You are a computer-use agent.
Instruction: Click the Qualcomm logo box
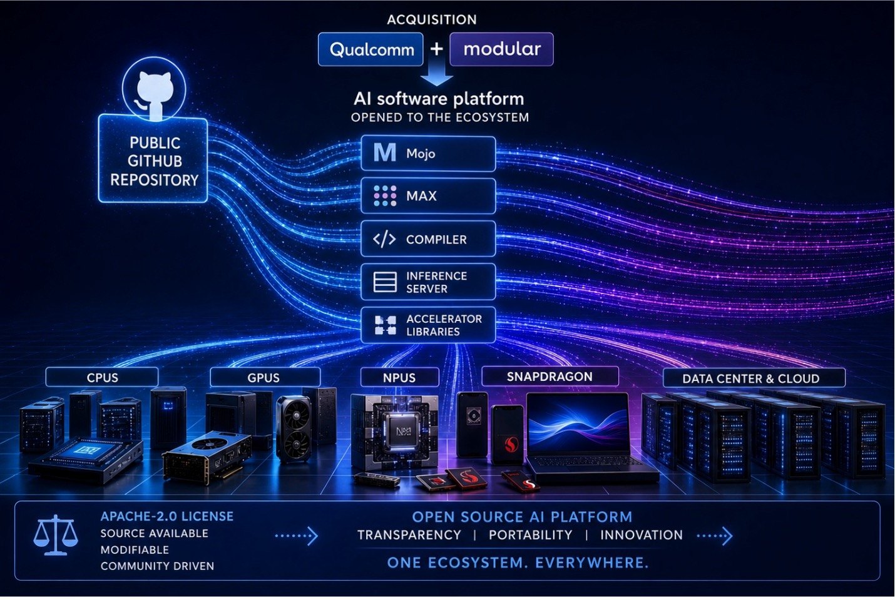(371, 49)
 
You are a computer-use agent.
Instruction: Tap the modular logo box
(501, 49)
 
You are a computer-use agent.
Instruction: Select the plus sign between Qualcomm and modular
(437, 49)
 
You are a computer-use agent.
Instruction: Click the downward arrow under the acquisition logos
(437, 74)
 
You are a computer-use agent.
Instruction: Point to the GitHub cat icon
(154, 94)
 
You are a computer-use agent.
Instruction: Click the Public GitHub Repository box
(153, 160)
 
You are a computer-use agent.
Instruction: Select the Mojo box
(428, 154)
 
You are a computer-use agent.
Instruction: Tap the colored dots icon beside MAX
(385, 196)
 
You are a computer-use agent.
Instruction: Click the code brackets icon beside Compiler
(384, 239)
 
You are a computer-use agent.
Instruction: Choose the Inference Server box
(428, 282)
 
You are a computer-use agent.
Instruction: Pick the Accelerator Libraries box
(428, 325)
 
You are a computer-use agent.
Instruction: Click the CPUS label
(102, 377)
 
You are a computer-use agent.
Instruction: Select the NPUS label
(399, 377)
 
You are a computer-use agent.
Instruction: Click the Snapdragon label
(550, 376)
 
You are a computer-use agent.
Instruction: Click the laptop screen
(578, 424)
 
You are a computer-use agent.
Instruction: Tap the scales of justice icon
(56, 535)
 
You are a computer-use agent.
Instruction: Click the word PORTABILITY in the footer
(531, 535)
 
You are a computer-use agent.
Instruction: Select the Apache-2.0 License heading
(167, 516)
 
